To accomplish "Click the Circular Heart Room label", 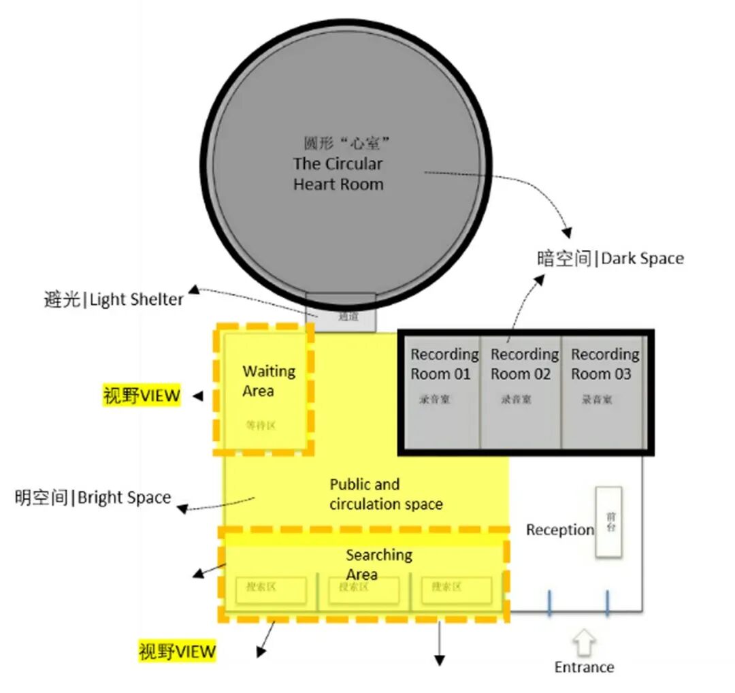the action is pos(338,174).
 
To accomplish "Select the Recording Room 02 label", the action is pos(524,364).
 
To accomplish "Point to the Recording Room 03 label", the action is pos(604,364).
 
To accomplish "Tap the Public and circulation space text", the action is pos(386,494).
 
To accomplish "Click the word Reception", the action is pos(559,530).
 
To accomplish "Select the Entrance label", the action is pos(584,667).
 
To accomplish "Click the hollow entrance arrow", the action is pos(584,642).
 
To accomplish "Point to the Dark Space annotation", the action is pos(610,259).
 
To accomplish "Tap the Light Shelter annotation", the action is pos(114,300).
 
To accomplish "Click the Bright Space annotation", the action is pos(93,498).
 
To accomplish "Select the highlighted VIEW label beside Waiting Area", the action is pos(142,396).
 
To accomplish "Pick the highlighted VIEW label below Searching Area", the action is pos(177,651).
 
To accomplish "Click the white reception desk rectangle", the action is pos(608,522).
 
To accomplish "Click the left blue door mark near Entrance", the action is pos(549,604).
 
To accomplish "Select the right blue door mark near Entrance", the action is pos(606,604).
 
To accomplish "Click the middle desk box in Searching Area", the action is pos(363,590).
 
